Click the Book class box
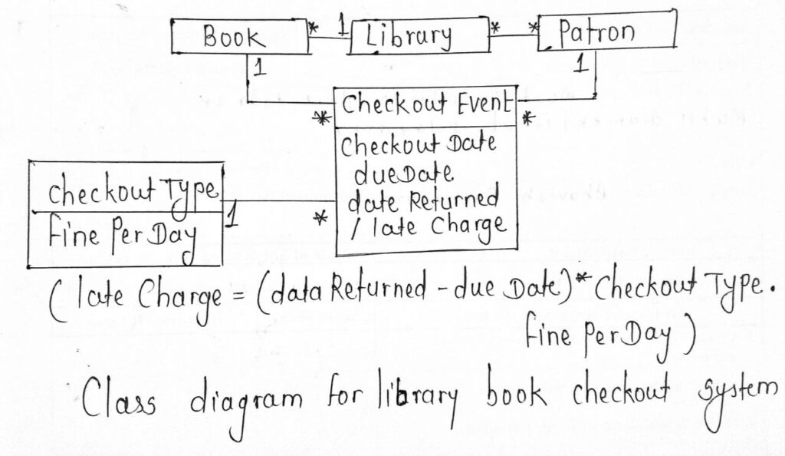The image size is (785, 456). click(238, 36)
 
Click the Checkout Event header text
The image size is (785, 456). click(426, 105)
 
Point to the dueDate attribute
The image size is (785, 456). click(403, 173)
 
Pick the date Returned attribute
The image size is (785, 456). click(423, 200)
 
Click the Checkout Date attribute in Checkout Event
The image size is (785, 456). click(419, 144)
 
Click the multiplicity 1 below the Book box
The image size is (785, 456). click(259, 68)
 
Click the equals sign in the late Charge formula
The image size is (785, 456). click(238, 292)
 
